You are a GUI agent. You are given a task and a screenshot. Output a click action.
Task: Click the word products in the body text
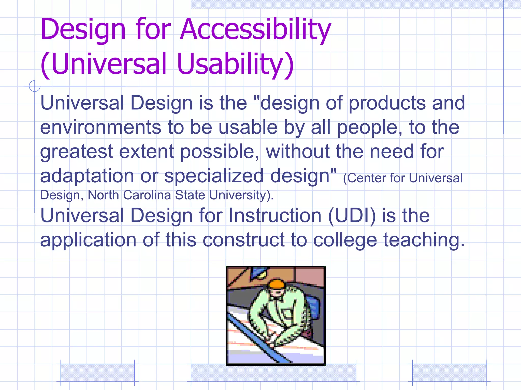[387, 104]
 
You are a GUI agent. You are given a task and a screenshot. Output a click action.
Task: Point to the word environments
[101, 127]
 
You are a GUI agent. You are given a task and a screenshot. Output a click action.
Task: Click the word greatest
[76, 152]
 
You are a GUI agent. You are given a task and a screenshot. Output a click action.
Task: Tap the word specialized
[214, 176]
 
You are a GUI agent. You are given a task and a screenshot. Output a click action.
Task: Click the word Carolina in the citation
[147, 195]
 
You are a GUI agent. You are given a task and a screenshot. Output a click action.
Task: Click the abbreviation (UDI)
[352, 216]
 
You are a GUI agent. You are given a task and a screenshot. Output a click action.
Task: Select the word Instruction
[275, 216]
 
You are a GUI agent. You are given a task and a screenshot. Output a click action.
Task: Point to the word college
[345, 240]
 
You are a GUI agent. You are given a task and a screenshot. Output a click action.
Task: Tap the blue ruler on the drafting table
[257, 338]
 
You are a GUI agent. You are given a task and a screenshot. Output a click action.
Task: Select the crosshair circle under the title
[35, 86]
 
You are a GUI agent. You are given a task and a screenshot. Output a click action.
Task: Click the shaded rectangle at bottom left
[98, 372]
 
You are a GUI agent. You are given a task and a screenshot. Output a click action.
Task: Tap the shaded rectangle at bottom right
[449, 372]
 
